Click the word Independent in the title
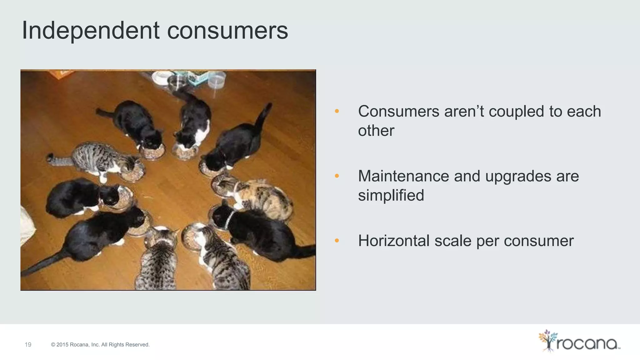(91, 31)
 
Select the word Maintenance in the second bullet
(403, 176)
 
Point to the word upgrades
(518, 177)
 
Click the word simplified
(391, 195)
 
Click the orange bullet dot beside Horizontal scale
(337, 241)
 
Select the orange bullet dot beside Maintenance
(337, 176)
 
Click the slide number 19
(28, 345)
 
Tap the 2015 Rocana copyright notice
(100, 345)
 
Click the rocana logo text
(587, 344)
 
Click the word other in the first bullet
(376, 131)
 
